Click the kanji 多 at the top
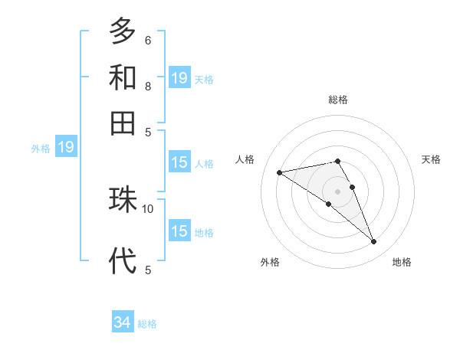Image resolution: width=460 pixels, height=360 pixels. (123, 31)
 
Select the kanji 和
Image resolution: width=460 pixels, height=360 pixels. (123, 77)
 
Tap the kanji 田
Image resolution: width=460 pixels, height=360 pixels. (123, 122)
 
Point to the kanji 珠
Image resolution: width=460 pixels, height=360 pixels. (123, 201)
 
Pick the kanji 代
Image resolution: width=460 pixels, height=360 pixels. (123, 260)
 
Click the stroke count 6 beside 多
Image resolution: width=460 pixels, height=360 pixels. (148, 40)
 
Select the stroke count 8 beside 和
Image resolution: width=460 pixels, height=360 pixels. (148, 86)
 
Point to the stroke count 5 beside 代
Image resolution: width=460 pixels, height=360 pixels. (148, 269)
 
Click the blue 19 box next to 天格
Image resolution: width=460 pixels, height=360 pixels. (179, 77)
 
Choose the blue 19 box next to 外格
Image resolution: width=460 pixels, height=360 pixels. (66, 147)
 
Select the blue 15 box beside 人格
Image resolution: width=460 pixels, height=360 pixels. (179, 162)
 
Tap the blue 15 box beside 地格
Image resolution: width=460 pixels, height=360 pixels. (179, 231)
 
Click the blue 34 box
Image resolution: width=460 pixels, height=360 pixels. (123, 323)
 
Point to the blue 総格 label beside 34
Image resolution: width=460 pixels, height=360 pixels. (148, 325)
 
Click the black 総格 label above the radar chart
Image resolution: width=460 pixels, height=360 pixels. (338, 100)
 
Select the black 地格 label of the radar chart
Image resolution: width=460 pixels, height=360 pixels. (402, 263)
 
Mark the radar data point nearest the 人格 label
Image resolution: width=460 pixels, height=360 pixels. (280, 172)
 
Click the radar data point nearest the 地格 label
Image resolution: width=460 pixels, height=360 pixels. (374, 242)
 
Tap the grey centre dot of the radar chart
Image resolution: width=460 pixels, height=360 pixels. (338, 191)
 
